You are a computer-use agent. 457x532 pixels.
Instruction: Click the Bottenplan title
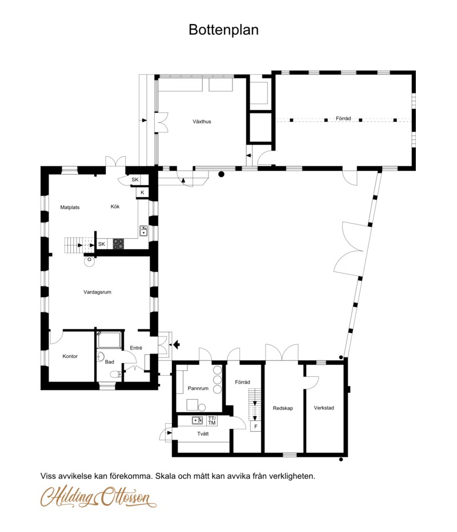(x=223, y=30)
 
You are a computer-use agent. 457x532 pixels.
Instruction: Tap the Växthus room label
(x=202, y=121)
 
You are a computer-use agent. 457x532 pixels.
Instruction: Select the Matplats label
(x=70, y=208)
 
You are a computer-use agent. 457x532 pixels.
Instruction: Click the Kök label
(x=115, y=206)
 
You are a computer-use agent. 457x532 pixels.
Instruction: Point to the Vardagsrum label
(x=97, y=292)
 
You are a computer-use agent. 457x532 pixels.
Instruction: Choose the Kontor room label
(x=70, y=356)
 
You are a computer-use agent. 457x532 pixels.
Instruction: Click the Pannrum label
(x=198, y=388)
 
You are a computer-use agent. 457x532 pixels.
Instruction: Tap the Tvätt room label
(x=203, y=433)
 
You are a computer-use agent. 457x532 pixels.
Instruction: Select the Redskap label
(x=283, y=408)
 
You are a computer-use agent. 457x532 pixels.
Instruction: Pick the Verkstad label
(x=324, y=408)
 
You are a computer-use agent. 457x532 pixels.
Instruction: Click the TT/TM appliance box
(x=211, y=421)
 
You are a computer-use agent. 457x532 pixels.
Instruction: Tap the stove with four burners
(x=118, y=243)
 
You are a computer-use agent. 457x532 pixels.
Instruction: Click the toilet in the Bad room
(x=115, y=374)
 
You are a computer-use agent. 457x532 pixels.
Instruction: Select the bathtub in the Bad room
(x=109, y=340)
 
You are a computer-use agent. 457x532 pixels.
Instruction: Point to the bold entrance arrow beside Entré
(x=176, y=345)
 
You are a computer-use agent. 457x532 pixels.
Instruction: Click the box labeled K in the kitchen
(x=142, y=192)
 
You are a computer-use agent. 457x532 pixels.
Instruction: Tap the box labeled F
(x=256, y=427)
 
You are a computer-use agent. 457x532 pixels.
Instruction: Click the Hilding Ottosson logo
(x=98, y=497)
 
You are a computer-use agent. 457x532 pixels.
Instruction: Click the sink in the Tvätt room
(x=197, y=420)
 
